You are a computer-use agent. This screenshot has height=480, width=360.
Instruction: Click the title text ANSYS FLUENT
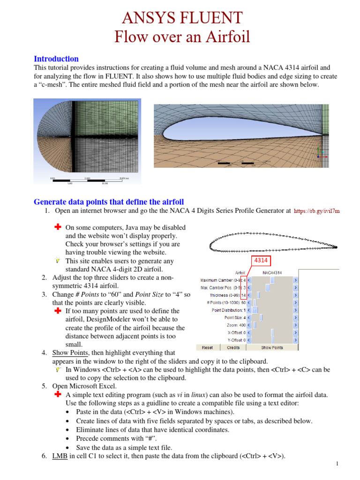point(182,18)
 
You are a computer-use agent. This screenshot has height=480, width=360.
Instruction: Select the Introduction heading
point(56,59)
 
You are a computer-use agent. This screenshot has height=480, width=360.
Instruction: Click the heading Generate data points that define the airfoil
point(109,202)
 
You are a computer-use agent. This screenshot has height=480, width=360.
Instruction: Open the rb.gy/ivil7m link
point(317,211)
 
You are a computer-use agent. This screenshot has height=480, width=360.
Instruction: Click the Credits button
point(233,347)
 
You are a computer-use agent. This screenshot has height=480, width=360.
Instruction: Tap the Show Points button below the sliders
point(271,347)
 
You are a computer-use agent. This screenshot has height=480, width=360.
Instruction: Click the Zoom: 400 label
point(236,325)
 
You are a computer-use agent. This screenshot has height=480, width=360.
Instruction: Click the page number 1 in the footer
point(337,464)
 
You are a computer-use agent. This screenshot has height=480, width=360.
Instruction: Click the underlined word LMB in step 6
point(59,456)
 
